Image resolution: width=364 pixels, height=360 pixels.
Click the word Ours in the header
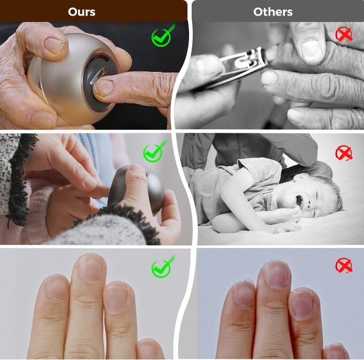pos(82,11)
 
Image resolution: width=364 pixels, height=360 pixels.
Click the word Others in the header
pos(272,11)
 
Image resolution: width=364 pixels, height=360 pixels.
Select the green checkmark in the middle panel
pos(154,153)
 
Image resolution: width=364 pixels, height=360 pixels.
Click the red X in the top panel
pos(344,34)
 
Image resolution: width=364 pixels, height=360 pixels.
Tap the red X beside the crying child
pos(344,154)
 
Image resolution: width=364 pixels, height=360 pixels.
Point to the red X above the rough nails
pos(344,265)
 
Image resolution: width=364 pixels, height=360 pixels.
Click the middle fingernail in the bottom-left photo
pos(90,267)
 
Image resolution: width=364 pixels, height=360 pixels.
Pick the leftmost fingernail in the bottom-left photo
pos(57,288)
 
